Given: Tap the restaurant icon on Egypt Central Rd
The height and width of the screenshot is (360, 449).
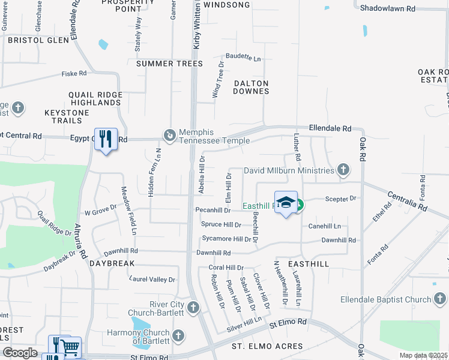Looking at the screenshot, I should click(106, 139).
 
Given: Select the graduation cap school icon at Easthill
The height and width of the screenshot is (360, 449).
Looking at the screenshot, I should click(286, 202).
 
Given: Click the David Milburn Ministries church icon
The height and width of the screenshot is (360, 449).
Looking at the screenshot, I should click(343, 170).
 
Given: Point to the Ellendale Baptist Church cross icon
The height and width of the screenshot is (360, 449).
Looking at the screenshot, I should click(440, 299).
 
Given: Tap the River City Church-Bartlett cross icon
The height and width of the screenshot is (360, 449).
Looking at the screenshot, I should click(193, 308).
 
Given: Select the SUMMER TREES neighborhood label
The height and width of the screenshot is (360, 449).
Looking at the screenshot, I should click(170, 64).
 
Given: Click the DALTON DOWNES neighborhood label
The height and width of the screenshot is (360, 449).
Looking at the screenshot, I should click(251, 87).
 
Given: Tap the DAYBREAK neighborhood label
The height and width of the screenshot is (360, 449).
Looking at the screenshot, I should click(112, 263).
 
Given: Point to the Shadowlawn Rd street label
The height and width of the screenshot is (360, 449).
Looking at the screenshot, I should click(387, 8).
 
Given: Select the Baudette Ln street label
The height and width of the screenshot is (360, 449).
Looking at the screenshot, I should click(243, 59).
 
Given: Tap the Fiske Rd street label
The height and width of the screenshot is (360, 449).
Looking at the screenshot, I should click(74, 74).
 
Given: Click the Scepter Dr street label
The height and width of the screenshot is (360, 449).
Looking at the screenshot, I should click(340, 198).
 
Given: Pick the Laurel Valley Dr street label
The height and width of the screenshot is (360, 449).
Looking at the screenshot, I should click(152, 280).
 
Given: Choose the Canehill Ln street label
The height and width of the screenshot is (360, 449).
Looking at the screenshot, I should click(324, 226).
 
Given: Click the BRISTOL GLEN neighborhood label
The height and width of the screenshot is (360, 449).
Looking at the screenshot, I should click(38, 40).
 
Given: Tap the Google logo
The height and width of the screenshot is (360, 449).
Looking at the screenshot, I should click(20, 353).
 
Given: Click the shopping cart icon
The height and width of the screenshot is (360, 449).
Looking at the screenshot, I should click(71, 346).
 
